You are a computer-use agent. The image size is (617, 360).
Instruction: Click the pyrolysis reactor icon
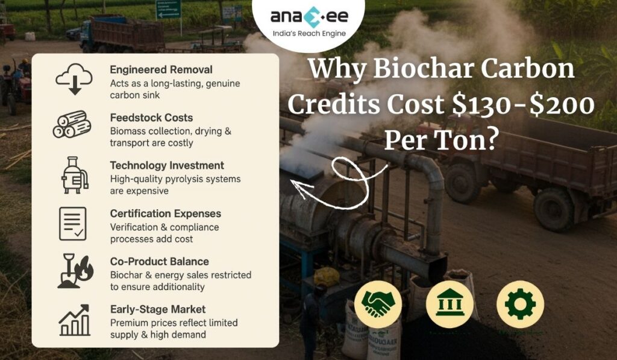pyautogui.click(x=74, y=174)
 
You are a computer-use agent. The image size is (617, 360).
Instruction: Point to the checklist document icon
pyautogui.click(x=73, y=223)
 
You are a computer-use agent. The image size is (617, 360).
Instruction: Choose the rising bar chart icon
pyautogui.click(x=74, y=320)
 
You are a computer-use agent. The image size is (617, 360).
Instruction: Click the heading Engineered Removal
pyautogui.click(x=161, y=69)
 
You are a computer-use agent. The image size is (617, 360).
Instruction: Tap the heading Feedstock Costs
pyautogui.click(x=151, y=118)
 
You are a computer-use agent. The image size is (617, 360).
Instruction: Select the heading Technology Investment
pyautogui.click(x=167, y=165)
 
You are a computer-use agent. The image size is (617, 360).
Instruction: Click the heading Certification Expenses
pyautogui.click(x=165, y=213)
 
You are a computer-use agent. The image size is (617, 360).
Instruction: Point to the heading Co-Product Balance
pyautogui.click(x=160, y=262)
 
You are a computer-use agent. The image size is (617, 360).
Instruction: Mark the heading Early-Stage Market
pyautogui.click(x=158, y=309)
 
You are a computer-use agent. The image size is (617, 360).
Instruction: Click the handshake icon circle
pyautogui.click(x=378, y=304)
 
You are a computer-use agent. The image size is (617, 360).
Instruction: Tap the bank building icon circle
pyautogui.click(x=449, y=304)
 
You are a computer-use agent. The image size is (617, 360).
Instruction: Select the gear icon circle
pyautogui.click(x=520, y=304)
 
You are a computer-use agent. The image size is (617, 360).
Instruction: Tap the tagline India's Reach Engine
pyautogui.click(x=308, y=34)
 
